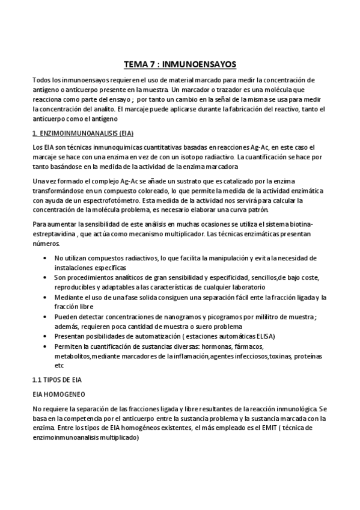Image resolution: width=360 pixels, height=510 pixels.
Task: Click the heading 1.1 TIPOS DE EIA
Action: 57,380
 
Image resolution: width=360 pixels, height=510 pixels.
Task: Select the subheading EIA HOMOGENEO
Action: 58,392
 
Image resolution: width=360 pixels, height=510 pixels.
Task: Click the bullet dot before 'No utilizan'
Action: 47,258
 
